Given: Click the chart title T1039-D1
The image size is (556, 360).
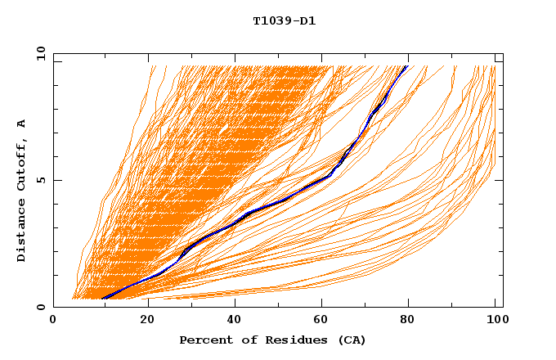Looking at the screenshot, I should [285, 21].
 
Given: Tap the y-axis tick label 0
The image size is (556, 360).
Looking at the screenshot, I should [41, 308].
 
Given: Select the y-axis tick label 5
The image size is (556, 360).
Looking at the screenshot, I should [41, 180].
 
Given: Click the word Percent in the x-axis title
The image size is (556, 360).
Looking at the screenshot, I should [203, 340].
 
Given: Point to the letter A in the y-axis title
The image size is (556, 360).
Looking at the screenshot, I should [22, 124].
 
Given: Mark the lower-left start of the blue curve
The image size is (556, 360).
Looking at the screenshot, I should [103, 299].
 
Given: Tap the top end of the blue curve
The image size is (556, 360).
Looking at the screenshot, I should [406, 66].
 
